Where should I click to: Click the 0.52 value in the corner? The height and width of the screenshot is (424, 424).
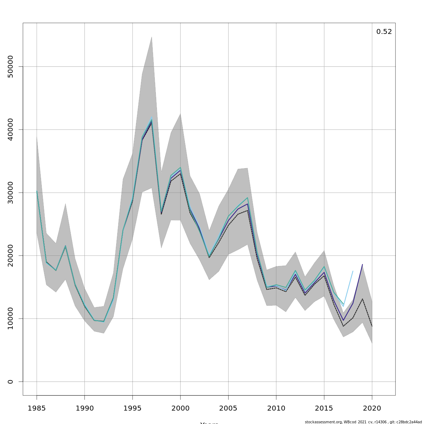384,32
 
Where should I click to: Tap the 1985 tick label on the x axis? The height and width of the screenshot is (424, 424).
37,408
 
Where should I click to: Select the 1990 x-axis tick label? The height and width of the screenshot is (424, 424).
84,408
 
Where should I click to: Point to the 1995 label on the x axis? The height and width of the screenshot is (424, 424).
132,408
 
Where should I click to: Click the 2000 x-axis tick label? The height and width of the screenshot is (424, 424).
180,408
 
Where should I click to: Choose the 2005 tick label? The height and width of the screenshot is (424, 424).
228,408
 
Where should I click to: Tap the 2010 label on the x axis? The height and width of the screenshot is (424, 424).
276,408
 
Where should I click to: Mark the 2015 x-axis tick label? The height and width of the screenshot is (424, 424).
324,408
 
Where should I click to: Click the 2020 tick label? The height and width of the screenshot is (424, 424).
372,408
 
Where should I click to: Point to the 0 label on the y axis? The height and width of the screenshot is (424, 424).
10,382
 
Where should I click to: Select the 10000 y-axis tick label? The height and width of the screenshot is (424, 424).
10,319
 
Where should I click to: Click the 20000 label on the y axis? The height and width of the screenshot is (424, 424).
10,255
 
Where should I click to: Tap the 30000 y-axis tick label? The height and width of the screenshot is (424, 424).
10,193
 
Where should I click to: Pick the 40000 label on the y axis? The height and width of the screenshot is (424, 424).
10,130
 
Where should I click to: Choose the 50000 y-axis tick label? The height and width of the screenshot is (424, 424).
10,66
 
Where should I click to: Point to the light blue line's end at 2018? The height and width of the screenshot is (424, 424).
353,271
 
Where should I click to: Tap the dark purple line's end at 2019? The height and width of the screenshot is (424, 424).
362,264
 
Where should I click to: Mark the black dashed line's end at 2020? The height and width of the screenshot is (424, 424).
372,326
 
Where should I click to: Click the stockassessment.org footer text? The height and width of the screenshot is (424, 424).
363,422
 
